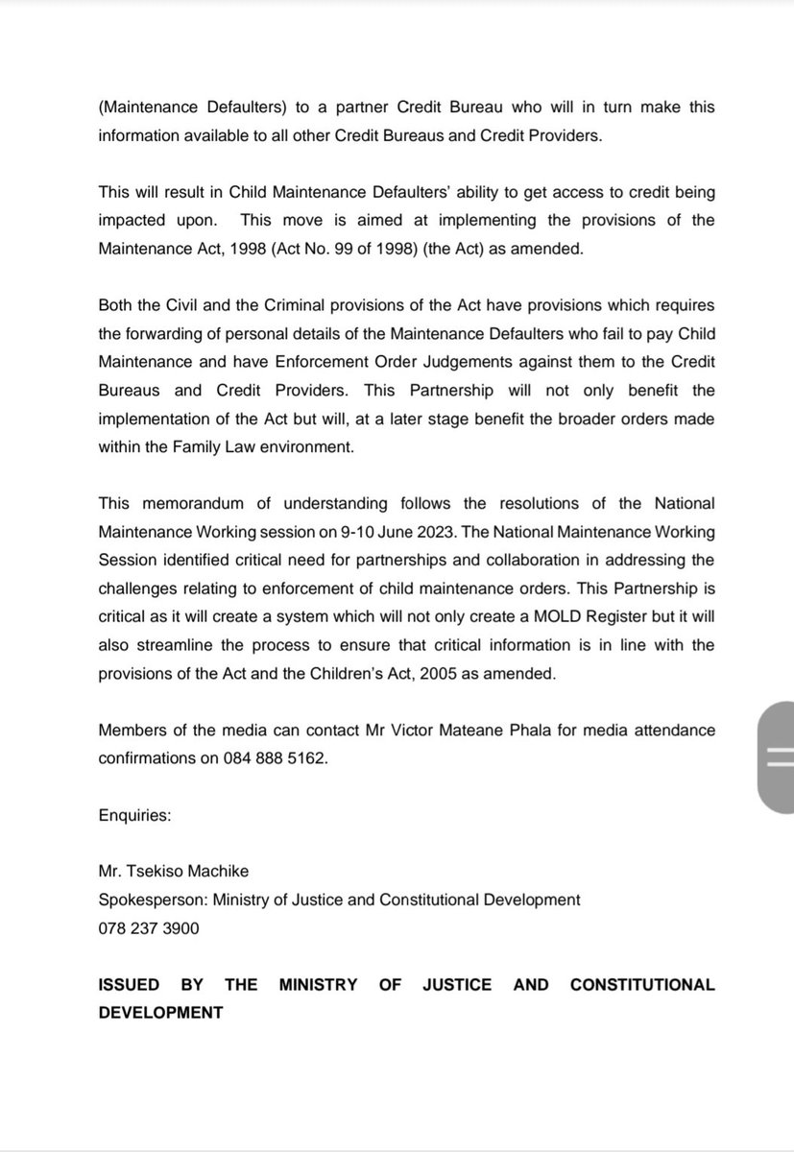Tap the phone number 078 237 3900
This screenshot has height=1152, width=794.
[149, 929]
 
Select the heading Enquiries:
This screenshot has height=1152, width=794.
[134, 815]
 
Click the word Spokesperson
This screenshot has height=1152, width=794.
[149, 900]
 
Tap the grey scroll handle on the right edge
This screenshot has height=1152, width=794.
[775, 756]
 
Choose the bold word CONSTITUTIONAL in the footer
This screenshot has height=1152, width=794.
[642, 985]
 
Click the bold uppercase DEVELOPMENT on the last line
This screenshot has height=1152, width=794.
[160, 1013]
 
